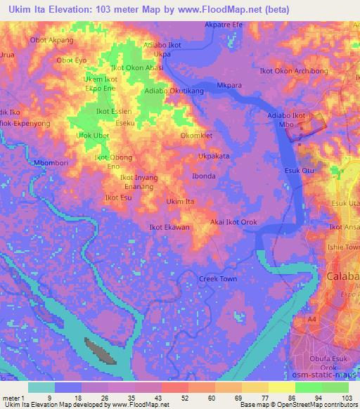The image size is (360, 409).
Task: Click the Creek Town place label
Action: [x=218, y=279]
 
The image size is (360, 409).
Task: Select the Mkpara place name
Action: [x=229, y=86]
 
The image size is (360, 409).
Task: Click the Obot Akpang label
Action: [x=51, y=40]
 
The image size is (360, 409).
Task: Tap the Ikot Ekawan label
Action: [x=169, y=228]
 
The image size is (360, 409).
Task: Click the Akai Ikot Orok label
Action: [x=234, y=223]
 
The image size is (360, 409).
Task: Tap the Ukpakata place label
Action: [x=214, y=156]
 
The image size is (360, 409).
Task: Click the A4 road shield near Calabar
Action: [x=311, y=320]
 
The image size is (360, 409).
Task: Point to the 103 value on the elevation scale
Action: [x=345, y=398]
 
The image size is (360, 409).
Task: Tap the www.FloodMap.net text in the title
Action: [x=205, y=9]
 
